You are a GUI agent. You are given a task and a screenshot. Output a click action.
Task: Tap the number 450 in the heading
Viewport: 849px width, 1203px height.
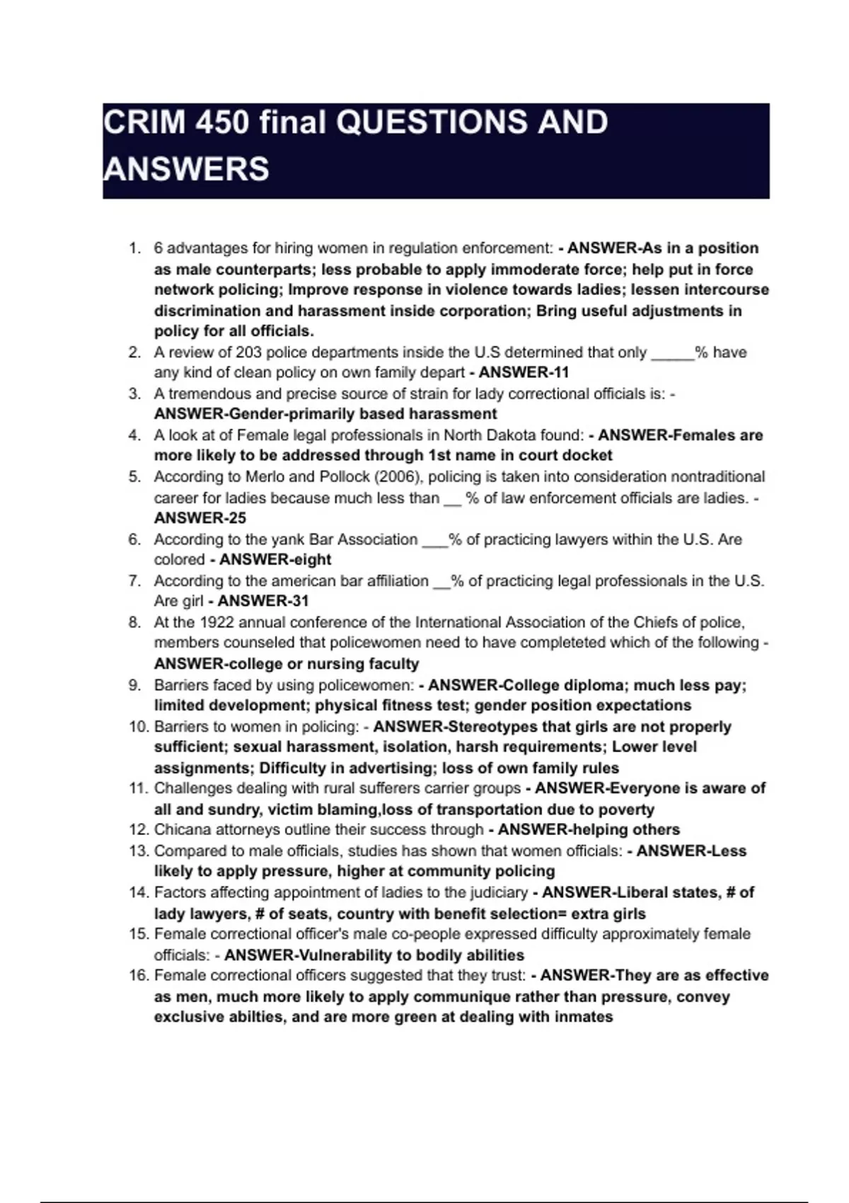223,122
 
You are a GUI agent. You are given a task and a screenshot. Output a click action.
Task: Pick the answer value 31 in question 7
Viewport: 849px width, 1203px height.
299,601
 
